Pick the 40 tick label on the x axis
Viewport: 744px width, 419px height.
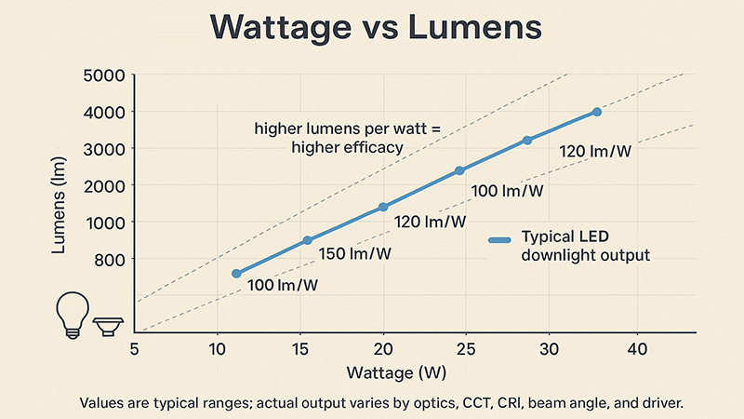(636, 348)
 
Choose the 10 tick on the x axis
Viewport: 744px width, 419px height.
(217, 348)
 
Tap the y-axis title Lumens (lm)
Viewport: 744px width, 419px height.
(58, 207)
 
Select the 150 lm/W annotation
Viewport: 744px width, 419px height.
(356, 253)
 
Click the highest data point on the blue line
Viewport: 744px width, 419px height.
(596, 112)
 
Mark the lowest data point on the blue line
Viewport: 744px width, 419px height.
(236, 274)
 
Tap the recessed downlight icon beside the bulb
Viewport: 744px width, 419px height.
(109, 326)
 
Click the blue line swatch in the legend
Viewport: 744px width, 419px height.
(500, 240)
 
